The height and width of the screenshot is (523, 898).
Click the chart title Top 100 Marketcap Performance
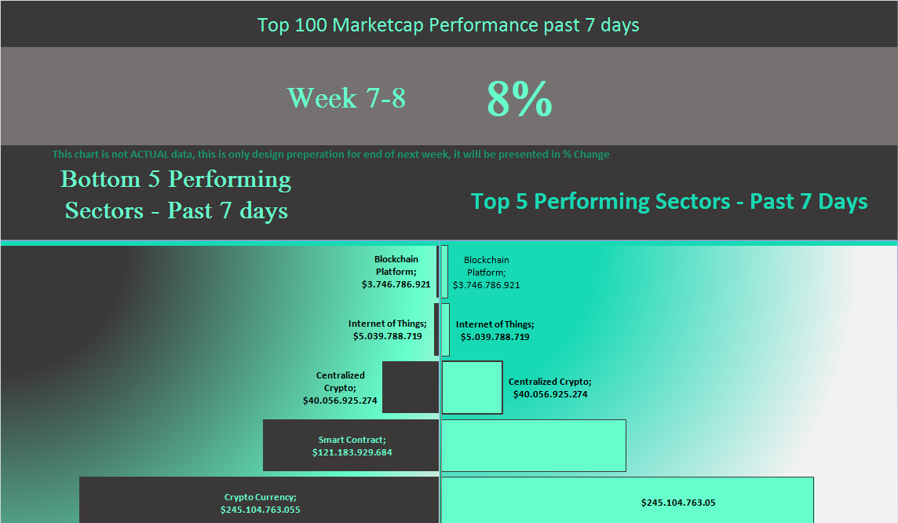[448, 25]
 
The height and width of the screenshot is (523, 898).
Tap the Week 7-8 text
[346, 98]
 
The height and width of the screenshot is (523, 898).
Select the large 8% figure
[520, 98]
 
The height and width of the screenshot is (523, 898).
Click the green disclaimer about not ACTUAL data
[330, 154]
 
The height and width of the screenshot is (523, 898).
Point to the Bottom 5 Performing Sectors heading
[176, 195]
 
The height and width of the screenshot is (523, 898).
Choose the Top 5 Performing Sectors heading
[669, 202]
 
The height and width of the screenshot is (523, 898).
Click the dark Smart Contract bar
[351, 446]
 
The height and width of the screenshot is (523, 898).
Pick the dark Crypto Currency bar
[259, 500]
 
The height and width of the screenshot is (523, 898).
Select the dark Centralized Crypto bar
[410, 387]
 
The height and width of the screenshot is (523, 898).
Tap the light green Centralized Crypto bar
[472, 387]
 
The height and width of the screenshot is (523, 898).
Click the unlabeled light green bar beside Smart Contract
[534, 446]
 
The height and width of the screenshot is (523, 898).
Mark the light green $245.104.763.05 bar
[628, 500]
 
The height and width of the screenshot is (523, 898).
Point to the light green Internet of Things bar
[446, 330]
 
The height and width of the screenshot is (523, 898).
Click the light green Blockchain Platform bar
[445, 272]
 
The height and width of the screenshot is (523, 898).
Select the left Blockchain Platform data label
[396, 272]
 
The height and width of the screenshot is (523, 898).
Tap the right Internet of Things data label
[495, 331]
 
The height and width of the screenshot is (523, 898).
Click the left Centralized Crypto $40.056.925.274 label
[340, 388]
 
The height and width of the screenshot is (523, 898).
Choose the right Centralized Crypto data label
[549, 388]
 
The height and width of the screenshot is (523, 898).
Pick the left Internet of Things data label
[388, 330]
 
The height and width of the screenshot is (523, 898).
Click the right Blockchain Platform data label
[486, 272]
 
